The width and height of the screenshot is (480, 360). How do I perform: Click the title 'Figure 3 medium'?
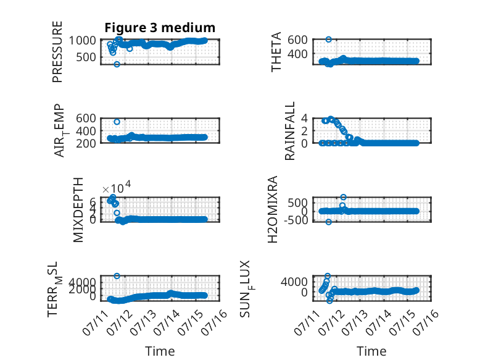point(160,28)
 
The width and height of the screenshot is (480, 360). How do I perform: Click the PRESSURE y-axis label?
point(57,52)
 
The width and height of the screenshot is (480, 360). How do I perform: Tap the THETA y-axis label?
point(276,52)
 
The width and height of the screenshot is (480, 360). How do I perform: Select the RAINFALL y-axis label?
point(289,131)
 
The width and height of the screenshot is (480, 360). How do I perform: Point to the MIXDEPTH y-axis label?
point(78,210)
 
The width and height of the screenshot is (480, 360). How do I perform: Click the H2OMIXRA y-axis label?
point(273,209)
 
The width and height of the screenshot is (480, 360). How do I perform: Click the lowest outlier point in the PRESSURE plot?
point(117,64)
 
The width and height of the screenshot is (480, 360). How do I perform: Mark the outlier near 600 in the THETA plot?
point(328,40)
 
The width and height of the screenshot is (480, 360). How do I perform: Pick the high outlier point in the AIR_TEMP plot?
point(117,122)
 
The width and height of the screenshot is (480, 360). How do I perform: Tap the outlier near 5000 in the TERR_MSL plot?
point(117,276)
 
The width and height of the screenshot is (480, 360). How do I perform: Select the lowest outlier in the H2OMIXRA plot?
point(328,222)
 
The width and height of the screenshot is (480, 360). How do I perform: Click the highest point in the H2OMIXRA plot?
point(343,197)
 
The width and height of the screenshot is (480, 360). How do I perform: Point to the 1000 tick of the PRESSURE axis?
point(82,40)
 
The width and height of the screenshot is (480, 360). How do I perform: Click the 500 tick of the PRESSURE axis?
point(86,57)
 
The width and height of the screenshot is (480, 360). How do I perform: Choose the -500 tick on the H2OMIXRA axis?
point(296,220)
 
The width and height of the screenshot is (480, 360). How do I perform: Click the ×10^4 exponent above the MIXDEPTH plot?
point(117,187)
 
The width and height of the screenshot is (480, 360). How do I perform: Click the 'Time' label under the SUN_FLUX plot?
point(371,351)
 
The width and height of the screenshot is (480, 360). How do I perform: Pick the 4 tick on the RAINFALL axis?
point(304,118)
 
